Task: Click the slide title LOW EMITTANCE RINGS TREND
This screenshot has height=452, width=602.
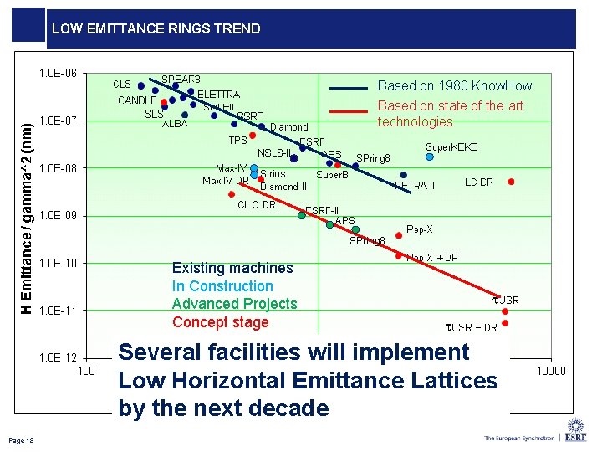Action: pos(156,28)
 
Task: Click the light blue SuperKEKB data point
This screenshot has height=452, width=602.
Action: pos(430,157)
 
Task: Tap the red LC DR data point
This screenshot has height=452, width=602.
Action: pos(511,182)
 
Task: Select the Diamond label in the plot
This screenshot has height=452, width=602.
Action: pos(288,127)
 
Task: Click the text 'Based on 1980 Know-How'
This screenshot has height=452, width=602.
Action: pos(454,85)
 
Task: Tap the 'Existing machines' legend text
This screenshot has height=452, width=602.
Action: pos(232,268)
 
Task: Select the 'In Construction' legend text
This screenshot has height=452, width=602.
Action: pos(222,286)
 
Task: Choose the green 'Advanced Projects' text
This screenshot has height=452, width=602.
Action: pos(234,304)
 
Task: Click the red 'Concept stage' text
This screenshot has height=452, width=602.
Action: pos(220,322)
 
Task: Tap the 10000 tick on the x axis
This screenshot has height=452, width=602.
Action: pos(549,371)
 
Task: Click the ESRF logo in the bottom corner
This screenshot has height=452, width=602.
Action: pos(575,432)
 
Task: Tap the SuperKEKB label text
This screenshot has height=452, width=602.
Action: pos(451,147)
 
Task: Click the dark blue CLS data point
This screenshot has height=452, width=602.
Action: pos(141,85)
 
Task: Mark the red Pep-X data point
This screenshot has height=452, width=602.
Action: pos(399,235)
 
